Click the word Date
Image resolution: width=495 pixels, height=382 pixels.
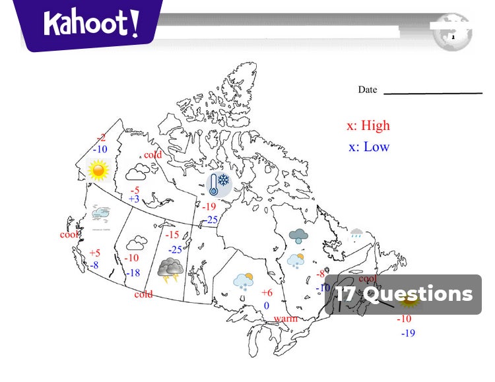(368, 90)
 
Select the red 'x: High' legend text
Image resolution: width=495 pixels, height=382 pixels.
(368, 125)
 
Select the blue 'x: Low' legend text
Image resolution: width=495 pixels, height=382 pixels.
(369, 146)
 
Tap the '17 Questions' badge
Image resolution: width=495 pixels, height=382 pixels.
(403, 294)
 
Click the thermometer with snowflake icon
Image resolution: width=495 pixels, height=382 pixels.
(218, 184)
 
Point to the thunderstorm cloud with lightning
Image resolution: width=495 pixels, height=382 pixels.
(170, 269)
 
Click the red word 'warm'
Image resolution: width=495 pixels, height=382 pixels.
(285, 319)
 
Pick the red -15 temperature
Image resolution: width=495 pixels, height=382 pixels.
(172, 235)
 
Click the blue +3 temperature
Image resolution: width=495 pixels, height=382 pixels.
(134, 199)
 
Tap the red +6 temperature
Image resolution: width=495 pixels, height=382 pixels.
(267, 293)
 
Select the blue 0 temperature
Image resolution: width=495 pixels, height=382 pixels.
(266, 305)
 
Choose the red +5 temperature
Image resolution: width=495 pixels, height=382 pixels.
(95, 253)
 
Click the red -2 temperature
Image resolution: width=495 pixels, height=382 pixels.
(101, 138)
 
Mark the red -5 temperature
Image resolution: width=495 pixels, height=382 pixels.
(135, 190)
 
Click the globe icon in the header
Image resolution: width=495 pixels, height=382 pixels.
(453, 31)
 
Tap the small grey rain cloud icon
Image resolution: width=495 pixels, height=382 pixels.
(356, 232)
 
